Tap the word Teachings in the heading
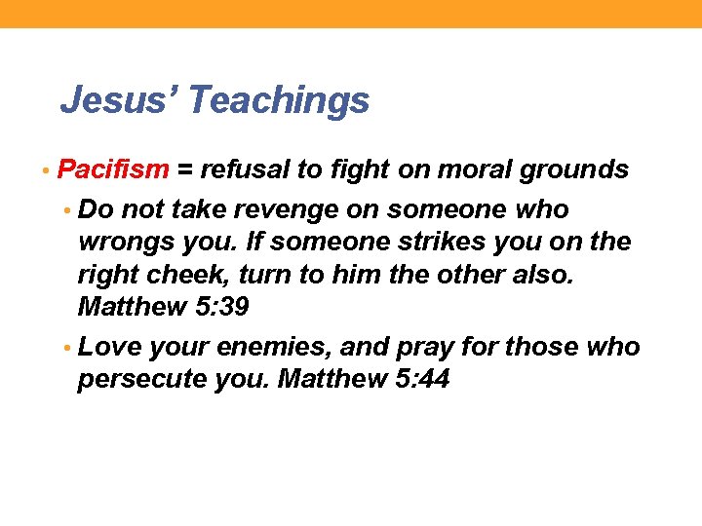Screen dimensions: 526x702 tap(280, 99)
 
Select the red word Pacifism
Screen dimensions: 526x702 tap(114, 170)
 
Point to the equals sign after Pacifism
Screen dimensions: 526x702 tap(186, 170)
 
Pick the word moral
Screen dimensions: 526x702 tap(450, 170)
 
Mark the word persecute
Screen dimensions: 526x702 tap(141, 380)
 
